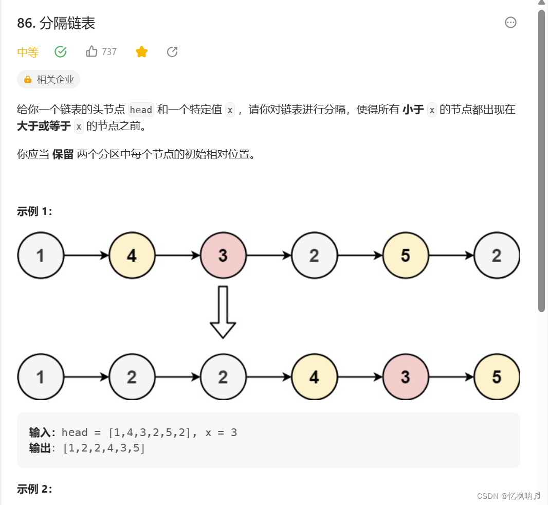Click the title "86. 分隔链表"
tap(56, 23)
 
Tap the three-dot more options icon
tap(510, 23)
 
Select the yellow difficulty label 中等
tap(28, 52)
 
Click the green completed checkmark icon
tap(61, 51)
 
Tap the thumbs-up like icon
tap(92, 51)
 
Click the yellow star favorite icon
tap(141, 51)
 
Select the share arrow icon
tap(172, 51)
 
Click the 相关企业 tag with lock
tap(49, 80)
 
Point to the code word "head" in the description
tap(141, 110)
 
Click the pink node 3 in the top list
tap(223, 256)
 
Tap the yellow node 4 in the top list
tap(132, 256)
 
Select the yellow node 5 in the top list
tap(406, 256)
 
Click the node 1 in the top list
tap(41, 256)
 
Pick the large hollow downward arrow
tap(223, 312)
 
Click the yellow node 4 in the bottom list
tap(314, 377)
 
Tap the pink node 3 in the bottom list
tap(406, 377)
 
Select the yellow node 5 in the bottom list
tap(497, 377)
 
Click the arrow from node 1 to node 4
tap(86, 256)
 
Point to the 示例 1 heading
tap(34, 211)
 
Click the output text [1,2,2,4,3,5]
tap(104, 448)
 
